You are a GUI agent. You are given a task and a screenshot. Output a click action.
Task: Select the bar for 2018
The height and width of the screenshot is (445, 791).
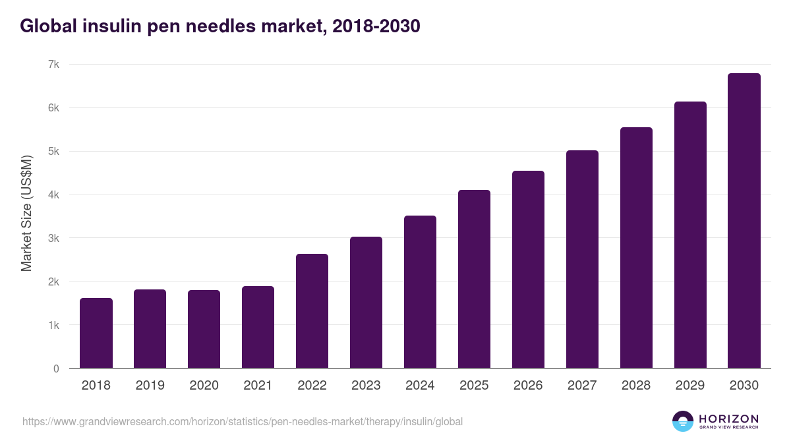pyautogui.click(x=96, y=333)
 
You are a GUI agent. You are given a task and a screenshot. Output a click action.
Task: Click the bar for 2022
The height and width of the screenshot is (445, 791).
pyautogui.click(x=312, y=311)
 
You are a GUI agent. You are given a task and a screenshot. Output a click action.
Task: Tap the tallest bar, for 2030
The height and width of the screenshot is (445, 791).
pyautogui.click(x=744, y=221)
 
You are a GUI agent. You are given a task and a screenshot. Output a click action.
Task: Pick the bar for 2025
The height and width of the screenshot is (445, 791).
pyautogui.click(x=474, y=279)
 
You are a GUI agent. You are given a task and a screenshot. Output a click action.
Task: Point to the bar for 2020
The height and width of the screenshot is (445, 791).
pyautogui.click(x=204, y=329)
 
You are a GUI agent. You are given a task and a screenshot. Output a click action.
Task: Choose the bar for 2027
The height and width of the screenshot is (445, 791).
pyautogui.click(x=582, y=259)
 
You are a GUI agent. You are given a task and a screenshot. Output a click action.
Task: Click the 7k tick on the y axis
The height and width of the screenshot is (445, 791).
pyautogui.click(x=53, y=65)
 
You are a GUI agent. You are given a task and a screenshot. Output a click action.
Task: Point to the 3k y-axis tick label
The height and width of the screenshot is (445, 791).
pyautogui.click(x=53, y=238)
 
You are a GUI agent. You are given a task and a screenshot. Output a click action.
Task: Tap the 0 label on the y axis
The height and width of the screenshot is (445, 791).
pyautogui.click(x=56, y=369)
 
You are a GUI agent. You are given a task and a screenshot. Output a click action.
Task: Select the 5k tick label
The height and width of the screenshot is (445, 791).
pyautogui.click(x=53, y=152)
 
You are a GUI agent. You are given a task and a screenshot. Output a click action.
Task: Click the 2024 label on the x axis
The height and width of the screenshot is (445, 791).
pyautogui.click(x=420, y=386)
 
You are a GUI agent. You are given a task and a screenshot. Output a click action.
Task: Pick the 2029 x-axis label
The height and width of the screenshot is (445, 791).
pyautogui.click(x=690, y=386)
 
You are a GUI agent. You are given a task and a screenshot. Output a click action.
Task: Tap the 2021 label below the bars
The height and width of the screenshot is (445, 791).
pyautogui.click(x=258, y=386)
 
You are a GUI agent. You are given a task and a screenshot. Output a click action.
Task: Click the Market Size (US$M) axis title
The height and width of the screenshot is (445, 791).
pyautogui.click(x=26, y=213)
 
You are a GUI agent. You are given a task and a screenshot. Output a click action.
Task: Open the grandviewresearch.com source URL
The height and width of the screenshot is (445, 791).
pyautogui.click(x=243, y=421)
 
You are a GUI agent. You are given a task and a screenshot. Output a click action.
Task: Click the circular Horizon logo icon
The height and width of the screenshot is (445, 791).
pyautogui.click(x=683, y=421)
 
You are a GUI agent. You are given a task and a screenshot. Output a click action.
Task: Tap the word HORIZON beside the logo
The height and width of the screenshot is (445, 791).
pyautogui.click(x=728, y=419)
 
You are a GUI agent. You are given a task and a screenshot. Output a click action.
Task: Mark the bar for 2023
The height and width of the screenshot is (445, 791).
pyautogui.click(x=366, y=303)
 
